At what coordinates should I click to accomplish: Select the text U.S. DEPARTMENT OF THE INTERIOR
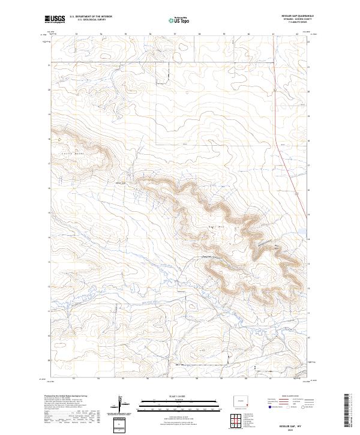(x=91, y=17)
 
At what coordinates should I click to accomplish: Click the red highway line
(x=294, y=180)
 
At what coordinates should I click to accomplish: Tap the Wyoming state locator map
(x=240, y=400)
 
